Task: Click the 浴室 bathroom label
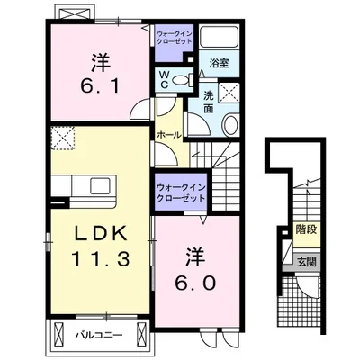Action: pyautogui.click(x=219, y=64)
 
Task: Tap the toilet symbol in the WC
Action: pyautogui.click(x=182, y=80)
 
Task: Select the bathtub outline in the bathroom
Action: pyautogui.click(x=219, y=37)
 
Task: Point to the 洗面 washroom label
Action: pyautogui.click(x=209, y=102)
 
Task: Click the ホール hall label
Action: pyautogui.click(x=169, y=135)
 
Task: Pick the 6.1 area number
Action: pyautogui.click(x=100, y=86)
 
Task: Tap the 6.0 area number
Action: pyautogui.click(x=195, y=283)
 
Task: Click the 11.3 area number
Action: pyautogui.click(x=101, y=259)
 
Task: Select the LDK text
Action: pyautogui.click(x=101, y=233)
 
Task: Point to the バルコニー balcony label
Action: pyautogui.click(x=99, y=335)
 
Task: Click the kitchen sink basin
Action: pyautogui.click(x=101, y=185)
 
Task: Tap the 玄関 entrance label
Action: pyautogui.click(x=307, y=262)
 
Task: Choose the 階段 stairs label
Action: pyautogui.click(x=306, y=229)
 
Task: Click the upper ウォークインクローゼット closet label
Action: pyautogui.click(x=175, y=37)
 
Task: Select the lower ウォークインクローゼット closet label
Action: pyautogui.click(x=181, y=193)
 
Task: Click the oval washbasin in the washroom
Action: pyautogui.click(x=230, y=125)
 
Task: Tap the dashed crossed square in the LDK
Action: pyautogui.click(x=63, y=138)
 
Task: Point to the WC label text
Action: pyautogui.click(x=164, y=79)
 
